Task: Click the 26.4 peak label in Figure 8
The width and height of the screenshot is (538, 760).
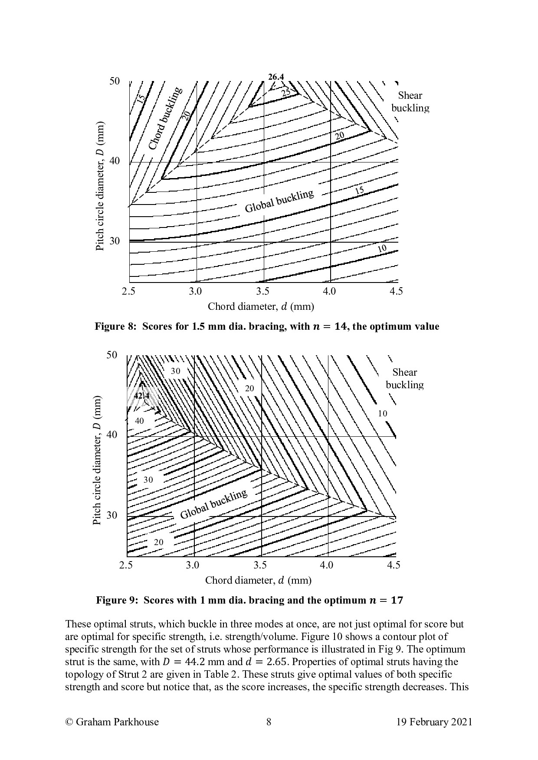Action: [x=276, y=77]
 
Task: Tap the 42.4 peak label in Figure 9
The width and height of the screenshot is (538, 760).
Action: [x=141, y=396]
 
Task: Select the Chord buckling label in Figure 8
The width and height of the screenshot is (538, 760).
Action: [x=165, y=119]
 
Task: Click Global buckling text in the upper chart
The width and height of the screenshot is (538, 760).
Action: [x=279, y=201]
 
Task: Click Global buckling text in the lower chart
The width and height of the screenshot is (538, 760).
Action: [x=213, y=504]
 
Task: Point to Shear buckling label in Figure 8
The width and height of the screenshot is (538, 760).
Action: [x=410, y=102]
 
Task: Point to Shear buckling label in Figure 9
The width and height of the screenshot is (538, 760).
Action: [x=404, y=378]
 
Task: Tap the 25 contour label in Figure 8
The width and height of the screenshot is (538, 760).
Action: [x=286, y=92]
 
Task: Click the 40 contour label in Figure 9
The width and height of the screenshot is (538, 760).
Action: [x=139, y=421]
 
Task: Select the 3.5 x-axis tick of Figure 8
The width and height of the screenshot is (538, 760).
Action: [x=263, y=291]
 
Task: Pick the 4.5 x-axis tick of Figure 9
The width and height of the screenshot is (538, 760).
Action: [x=394, y=565]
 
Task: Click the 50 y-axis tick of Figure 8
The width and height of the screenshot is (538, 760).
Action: [x=114, y=81]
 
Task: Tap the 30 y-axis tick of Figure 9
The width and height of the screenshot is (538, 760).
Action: [x=112, y=516]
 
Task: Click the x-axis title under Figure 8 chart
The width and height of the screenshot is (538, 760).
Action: [x=261, y=307]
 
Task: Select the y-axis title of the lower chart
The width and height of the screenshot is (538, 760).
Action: [x=97, y=460]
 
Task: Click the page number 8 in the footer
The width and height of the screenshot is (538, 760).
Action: [x=269, y=722]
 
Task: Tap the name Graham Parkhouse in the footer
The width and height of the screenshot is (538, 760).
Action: [x=117, y=722]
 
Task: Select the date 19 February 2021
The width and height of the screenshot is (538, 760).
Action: [x=434, y=722]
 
